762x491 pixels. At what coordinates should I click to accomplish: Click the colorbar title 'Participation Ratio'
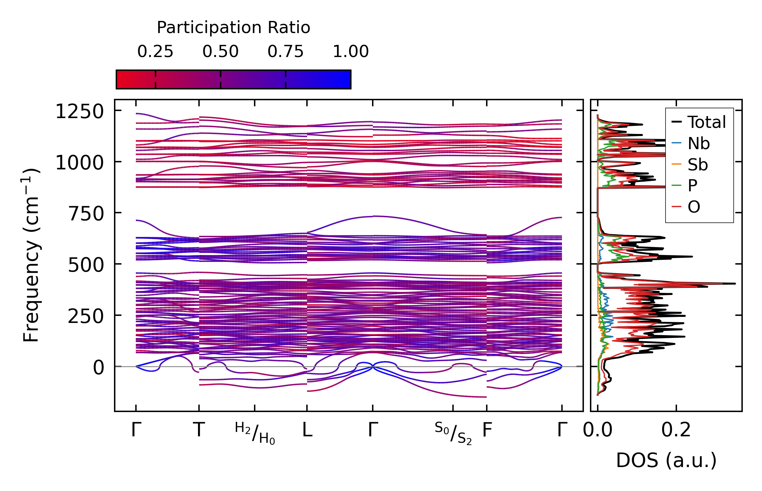tap(233, 28)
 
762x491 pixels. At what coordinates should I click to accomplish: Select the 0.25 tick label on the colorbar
tap(155, 52)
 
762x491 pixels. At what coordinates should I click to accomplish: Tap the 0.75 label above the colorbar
tap(285, 52)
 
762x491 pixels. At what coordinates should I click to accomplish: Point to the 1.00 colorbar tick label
tap(351, 52)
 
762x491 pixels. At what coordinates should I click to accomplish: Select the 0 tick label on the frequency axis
tap(99, 367)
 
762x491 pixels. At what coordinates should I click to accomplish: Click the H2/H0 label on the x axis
tap(255, 433)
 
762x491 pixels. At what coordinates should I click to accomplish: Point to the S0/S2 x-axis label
tap(453, 433)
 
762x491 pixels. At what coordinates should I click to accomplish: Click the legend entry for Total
tap(706, 122)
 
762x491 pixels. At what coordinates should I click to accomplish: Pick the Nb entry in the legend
tap(699, 144)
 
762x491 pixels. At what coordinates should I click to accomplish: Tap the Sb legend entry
tap(698, 165)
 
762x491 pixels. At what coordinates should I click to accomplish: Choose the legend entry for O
tap(694, 207)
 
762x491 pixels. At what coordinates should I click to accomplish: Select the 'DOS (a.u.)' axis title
tap(666, 460)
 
